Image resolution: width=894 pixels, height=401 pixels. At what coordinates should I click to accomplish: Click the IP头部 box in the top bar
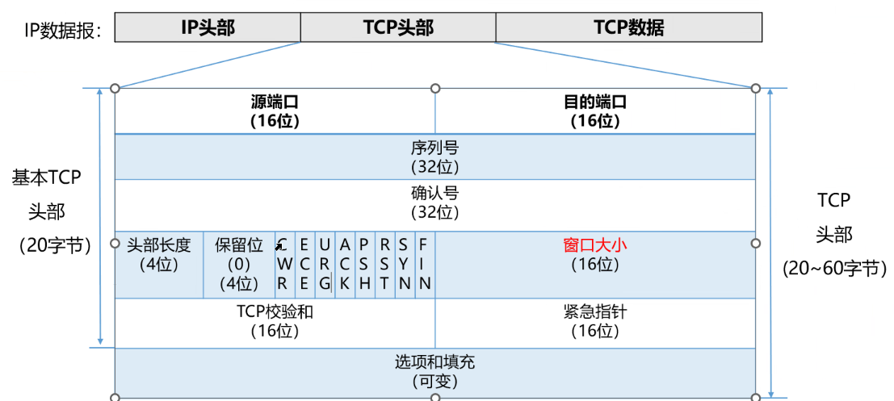[208, 27]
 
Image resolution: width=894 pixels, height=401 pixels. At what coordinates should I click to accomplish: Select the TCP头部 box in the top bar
[398, 27]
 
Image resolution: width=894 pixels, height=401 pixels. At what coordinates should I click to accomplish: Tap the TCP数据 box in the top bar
[628, 27]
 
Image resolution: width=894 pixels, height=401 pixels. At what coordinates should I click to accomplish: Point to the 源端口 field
[275, 111]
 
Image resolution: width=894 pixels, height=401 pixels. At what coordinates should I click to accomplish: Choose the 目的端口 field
[595, 111]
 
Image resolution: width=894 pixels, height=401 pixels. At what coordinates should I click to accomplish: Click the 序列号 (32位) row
[435, 157]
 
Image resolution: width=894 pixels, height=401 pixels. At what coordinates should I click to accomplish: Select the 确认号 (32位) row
[435, 203]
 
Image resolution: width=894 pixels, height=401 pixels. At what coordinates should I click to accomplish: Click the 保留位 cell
[238, 263]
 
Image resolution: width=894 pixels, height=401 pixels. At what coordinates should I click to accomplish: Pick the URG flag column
[325, 263]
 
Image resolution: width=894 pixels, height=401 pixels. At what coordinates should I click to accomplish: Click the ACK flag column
[345, 263]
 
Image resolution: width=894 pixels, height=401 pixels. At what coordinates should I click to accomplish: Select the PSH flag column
[365, 263]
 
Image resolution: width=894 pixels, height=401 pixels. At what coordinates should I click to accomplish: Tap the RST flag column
[385, 263]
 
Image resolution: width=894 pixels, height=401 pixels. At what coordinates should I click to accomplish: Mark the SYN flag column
[405, 263]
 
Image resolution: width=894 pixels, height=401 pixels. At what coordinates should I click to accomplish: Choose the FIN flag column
[425, 263]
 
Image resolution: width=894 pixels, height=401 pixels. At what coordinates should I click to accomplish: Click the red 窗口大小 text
[594, 244]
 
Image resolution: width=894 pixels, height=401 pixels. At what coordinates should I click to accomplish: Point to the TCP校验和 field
[275, 320]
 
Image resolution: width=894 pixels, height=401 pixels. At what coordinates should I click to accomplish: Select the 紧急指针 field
[595, 320]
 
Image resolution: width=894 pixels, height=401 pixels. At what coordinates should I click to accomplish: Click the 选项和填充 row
[435, 370]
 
